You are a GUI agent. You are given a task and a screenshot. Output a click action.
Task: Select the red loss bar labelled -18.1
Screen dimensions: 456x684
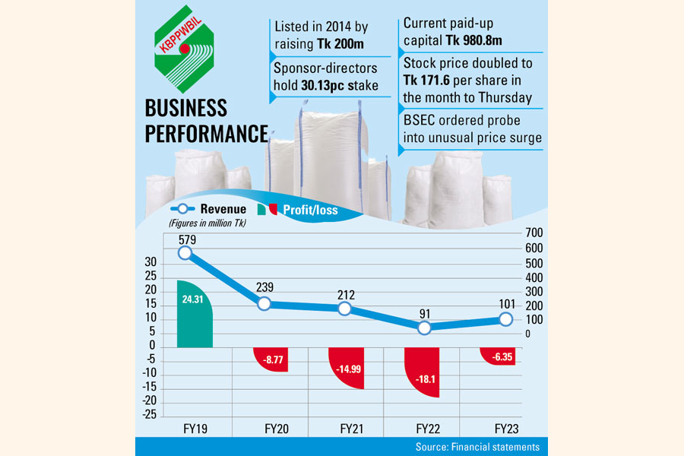(x=423, y=372)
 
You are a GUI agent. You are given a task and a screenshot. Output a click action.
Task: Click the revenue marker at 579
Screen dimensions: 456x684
(x=185, y=253)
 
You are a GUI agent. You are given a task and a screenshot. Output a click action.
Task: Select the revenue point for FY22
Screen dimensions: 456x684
(x=423, y=328)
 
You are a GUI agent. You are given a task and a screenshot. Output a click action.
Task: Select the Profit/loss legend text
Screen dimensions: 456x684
(x=310, y=210)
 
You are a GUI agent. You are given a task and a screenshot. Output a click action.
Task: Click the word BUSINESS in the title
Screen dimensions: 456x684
(x=186, y=108)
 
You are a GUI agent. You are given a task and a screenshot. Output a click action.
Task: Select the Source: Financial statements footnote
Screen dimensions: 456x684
(x=477, y=447)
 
